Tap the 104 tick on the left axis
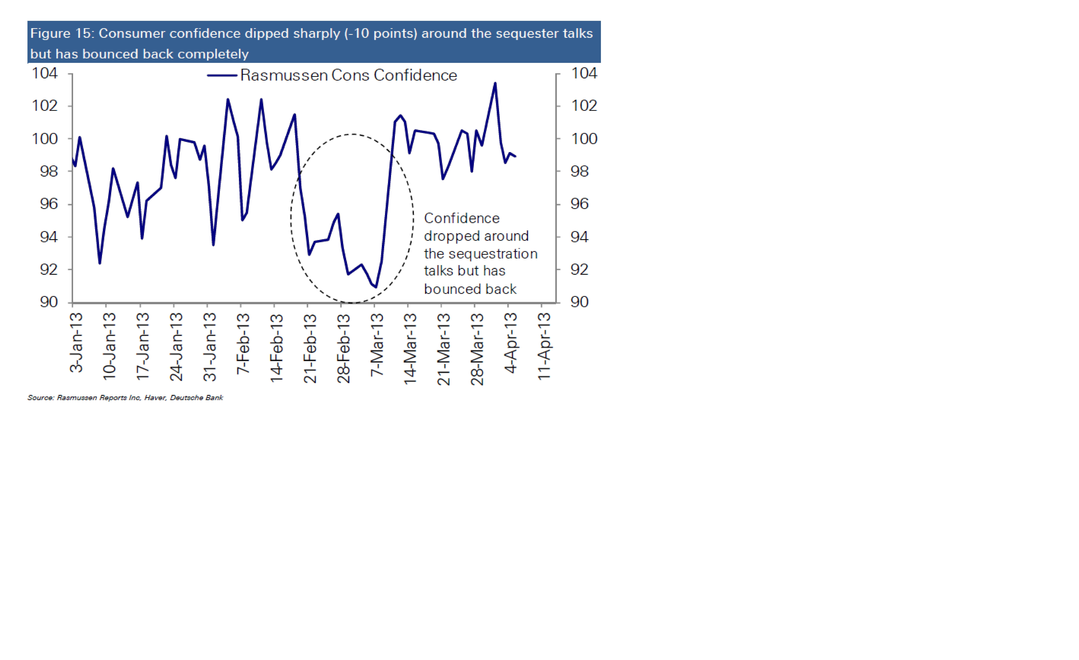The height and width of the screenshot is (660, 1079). click(45, 73)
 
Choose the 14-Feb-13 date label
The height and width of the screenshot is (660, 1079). click(276, 348)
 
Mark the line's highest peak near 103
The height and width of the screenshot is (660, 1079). click(495, 83)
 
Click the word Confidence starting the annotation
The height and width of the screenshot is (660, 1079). click(462, 218)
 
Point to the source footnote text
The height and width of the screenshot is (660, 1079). click(125, 398)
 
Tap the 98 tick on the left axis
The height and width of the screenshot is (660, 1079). click(49, 171)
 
